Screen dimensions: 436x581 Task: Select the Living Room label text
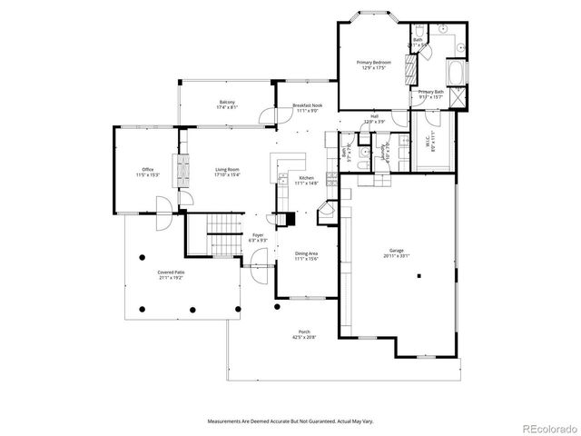click(227, 170)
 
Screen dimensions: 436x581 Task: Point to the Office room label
click(147, 170)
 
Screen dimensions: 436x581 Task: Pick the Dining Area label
click(306, 253)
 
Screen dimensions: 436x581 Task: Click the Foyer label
click(258, 234)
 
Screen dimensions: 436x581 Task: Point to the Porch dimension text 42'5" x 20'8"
click(304, 337)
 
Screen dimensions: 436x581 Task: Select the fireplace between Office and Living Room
click(179, 169)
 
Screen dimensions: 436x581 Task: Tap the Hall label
click(374, 116)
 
